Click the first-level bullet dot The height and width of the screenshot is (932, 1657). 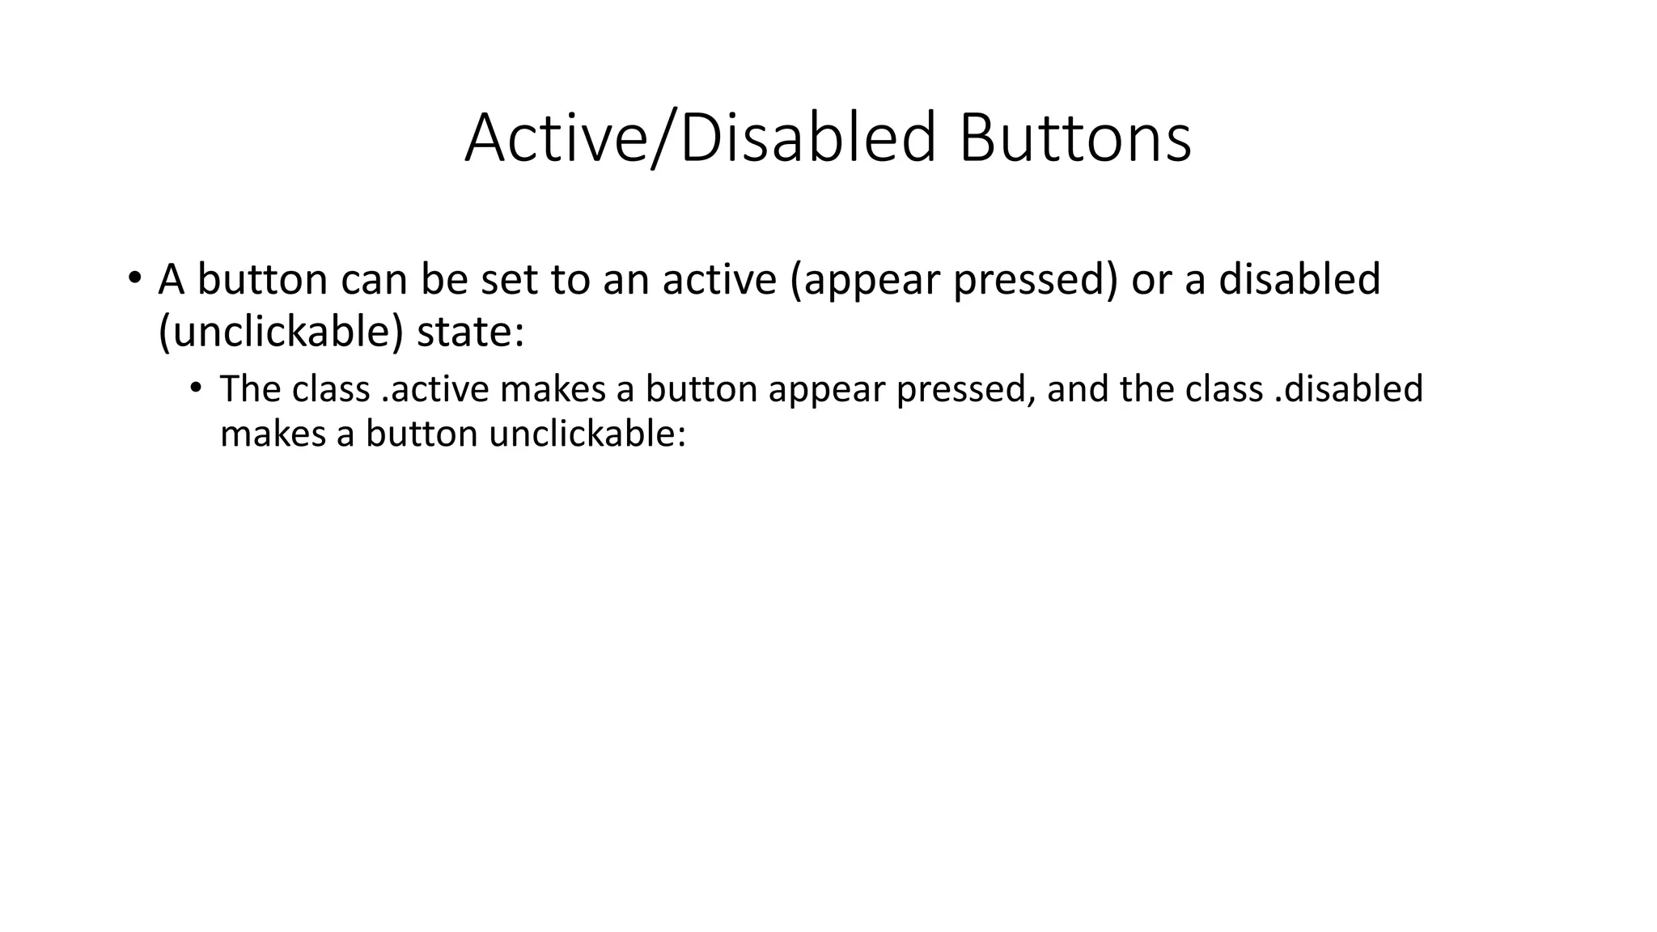(134, 279)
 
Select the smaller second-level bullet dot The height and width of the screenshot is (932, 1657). (195, 388)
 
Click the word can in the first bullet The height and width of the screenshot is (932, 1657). (374, 280)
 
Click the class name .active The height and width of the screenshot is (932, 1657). (434, 389)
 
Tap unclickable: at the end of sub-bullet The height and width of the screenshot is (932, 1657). (587, 434)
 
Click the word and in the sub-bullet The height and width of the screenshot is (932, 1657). (1078, 389)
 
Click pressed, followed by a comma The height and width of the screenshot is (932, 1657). (966, 389)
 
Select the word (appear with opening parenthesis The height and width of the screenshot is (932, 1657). (864, 280)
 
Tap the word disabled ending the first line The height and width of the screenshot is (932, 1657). (1299, 280)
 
